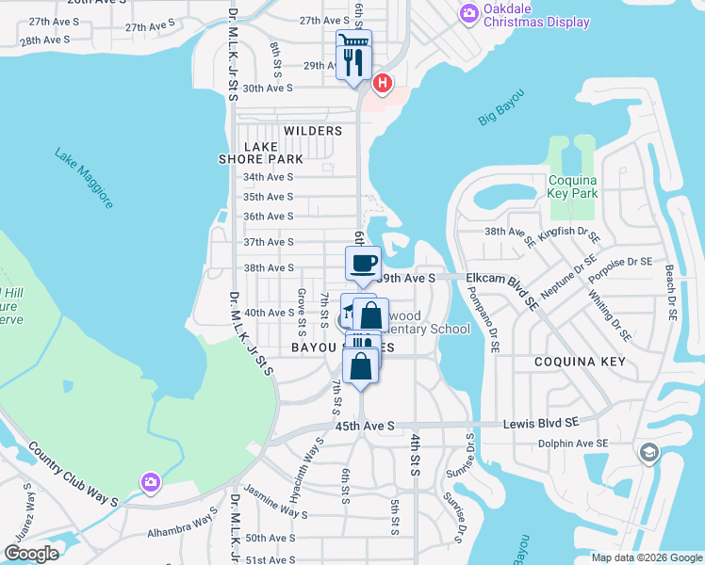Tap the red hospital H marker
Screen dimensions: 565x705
tap(383, 84)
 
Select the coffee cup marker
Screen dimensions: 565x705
tap(363, 264)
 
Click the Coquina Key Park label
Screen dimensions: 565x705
tap(573, 186)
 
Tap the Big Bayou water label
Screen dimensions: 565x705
tap(500, 106)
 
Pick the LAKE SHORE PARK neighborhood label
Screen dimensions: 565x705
tap(273, 153)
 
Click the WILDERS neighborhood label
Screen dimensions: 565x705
tap(312, 131)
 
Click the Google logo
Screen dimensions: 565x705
tap(31, 554)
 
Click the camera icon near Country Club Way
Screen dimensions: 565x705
tap(150, 482)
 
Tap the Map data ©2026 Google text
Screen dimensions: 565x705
tap(647, 557)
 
